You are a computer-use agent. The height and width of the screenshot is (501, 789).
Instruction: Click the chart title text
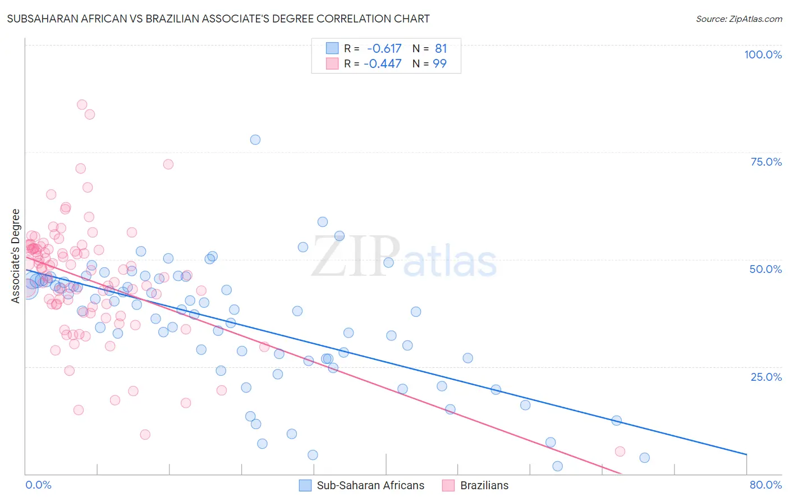pos(218,19)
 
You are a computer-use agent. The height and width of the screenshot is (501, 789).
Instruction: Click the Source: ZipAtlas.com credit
pos(738,19)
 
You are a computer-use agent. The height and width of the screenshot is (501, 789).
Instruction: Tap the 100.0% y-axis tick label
pos(763,54)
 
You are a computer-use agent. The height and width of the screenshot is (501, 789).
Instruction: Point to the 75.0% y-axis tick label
pos(766,162)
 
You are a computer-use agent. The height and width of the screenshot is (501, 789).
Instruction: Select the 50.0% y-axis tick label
pos(765,269)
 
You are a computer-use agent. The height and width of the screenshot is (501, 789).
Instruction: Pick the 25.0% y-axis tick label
pos(766,376)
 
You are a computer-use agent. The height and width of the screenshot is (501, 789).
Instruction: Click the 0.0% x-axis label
pos(38,485)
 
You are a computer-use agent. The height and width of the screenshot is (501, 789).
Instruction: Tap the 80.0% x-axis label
pos(765,485)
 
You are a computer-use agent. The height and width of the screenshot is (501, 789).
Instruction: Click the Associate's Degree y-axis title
pos(16,256)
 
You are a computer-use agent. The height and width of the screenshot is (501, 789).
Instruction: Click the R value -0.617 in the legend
pos(384,49)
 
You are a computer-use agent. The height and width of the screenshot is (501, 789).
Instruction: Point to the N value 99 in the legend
pos(439,63)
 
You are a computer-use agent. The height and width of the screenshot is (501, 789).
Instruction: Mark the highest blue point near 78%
pos(255,140)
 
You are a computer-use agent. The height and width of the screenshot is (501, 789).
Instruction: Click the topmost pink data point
pos(82,104)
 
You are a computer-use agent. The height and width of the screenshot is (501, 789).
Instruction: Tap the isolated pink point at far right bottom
pos(620,452)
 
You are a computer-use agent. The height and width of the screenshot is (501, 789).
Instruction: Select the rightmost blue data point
pos(645,458)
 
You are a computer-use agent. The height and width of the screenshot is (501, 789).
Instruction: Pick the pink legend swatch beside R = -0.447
pos(332,63)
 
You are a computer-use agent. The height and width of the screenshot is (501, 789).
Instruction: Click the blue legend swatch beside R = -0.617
pos(332,49)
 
